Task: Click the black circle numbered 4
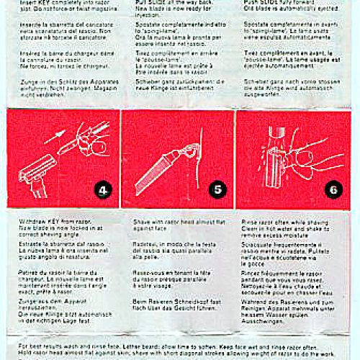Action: [102, 191]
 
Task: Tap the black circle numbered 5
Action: [217, 191]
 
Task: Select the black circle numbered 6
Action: [333, 191]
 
